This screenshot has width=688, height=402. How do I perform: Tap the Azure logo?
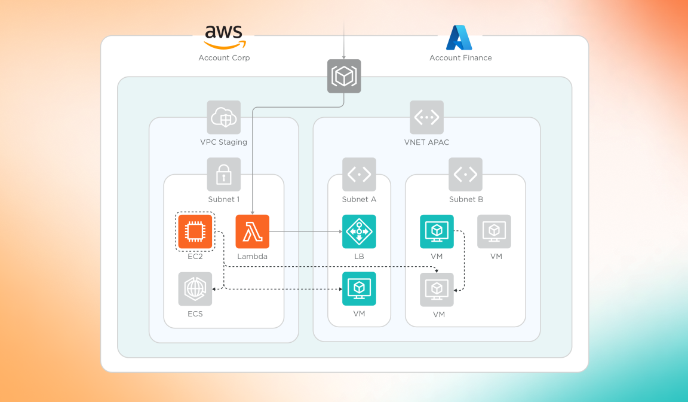click(459, 38)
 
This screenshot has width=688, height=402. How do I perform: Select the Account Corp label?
click(224, 58)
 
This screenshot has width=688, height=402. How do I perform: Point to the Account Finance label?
click(460, 58)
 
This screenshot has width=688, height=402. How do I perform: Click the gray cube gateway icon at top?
click(344, 76)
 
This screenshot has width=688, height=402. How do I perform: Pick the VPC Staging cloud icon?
click(224, 117)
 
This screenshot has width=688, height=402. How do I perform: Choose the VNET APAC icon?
click(426, 117)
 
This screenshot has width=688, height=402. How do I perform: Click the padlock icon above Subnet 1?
click(224, 175)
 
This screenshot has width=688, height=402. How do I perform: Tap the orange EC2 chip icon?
click(195, 232)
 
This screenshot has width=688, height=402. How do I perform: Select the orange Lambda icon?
click(253, 232)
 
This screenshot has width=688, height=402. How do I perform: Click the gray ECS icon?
click(195, 289)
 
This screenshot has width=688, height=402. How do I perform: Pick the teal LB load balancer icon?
click(359, 232)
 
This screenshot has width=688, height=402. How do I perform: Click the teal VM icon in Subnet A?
click(359, 289)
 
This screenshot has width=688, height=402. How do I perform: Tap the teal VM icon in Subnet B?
click(437, 232)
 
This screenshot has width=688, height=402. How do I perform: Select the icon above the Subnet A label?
click(359, 175)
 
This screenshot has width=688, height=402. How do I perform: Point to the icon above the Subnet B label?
click(465, 175)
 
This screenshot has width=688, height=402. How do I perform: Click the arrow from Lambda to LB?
click(305, 232)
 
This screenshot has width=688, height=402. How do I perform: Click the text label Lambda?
click(253, 257)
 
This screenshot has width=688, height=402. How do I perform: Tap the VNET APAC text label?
click(426, 142)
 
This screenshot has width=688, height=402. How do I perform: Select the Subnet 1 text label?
click(224, 199)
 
